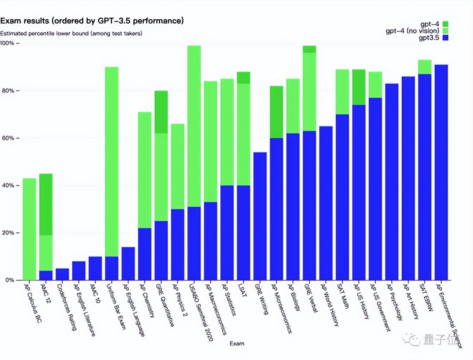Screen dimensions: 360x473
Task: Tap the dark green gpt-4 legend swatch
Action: coord(445,24)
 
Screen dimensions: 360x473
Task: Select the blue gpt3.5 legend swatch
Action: coord(445,38)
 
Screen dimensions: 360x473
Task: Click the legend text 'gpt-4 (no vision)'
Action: coord(412,31)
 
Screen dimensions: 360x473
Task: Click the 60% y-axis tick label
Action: coord(8,138)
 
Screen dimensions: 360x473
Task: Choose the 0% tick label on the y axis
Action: coord(9,280)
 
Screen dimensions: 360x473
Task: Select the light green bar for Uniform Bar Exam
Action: coord(112,161)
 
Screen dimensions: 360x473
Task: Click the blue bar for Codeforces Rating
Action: coord(62,274)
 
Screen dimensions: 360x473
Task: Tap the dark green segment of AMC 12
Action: coord(46,204)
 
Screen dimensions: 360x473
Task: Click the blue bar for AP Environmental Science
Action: coord(441,172)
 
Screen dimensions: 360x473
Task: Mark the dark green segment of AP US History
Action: coord(359,87)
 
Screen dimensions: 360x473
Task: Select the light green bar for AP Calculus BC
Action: coord(29,229)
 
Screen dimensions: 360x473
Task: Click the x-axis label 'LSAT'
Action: coord(243,290)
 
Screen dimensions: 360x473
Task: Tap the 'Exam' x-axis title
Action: coord(237,344)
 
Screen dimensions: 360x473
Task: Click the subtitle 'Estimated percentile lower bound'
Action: coord(71,33)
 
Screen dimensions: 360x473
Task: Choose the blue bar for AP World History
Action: coord(326,203)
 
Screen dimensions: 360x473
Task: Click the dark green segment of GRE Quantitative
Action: coord(161,112)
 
